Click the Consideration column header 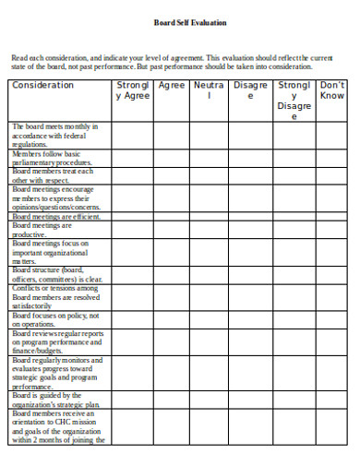(42, 85)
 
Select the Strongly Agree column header (131, 90)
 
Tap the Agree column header (172, 85)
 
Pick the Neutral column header (210, 90)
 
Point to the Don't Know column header (332, 90)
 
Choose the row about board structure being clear (56, 274)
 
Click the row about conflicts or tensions (55, 297)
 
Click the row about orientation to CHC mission (56, 427)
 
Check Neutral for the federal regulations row (210, 133)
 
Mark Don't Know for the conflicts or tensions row (332, 297)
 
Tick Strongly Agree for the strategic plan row (131, 400)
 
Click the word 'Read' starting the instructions (20, 56)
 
